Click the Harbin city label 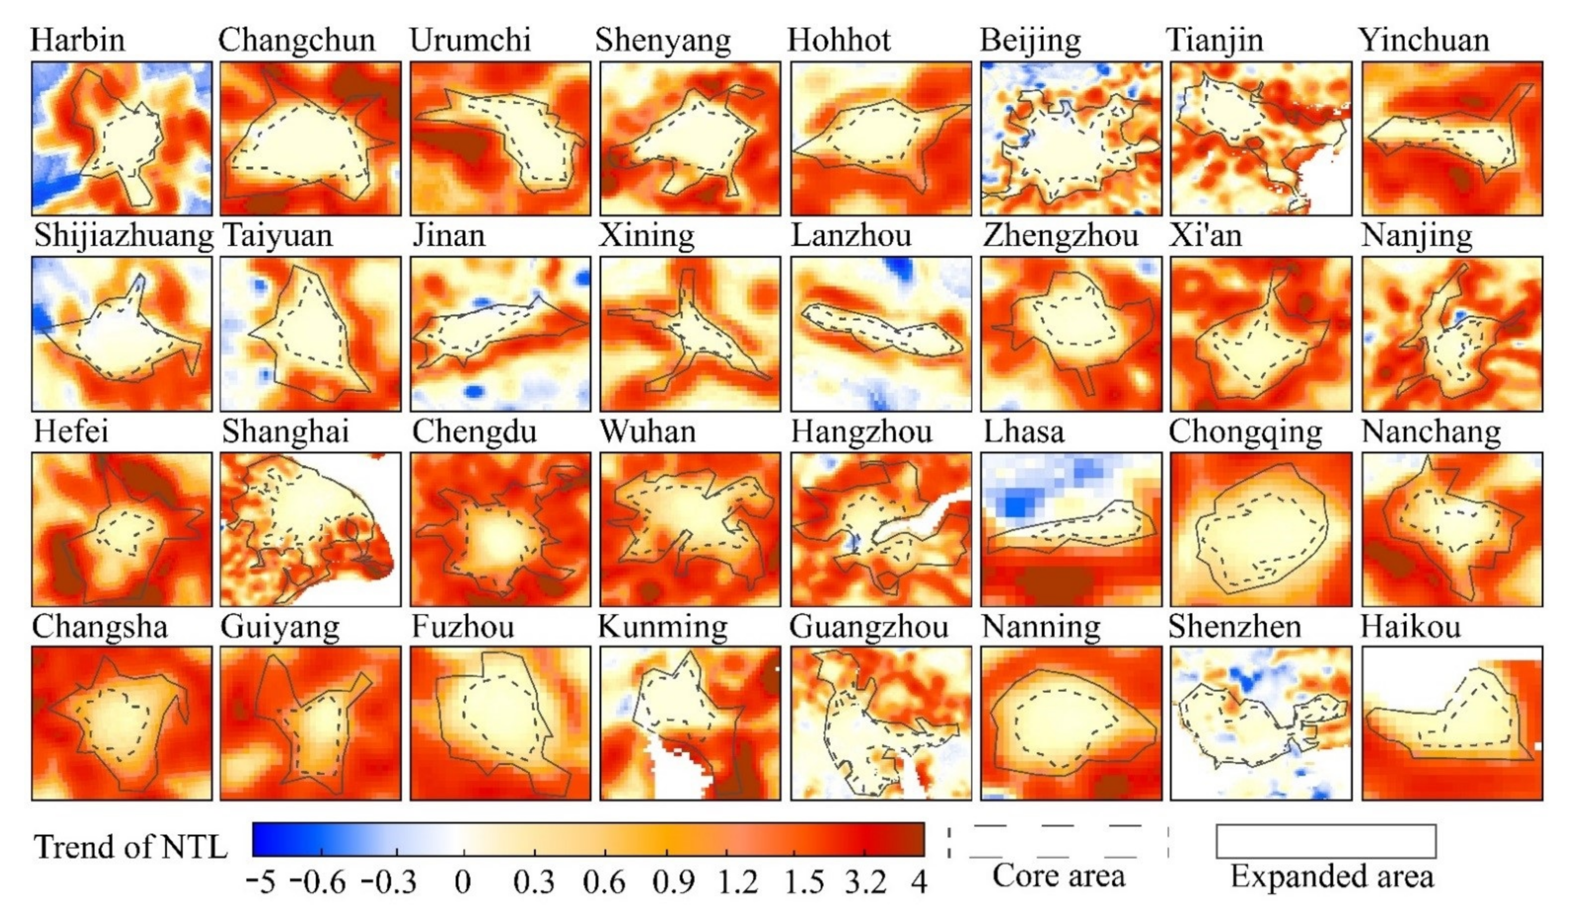(x=78, y=40)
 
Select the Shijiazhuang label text (x=123, y=236)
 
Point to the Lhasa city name (x=1023, y=432)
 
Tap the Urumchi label (x=470, y=40)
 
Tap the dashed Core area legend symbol (x=1058, y=841)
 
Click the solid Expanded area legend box (x=1326, y=841)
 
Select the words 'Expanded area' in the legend (x=1332, y=877)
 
